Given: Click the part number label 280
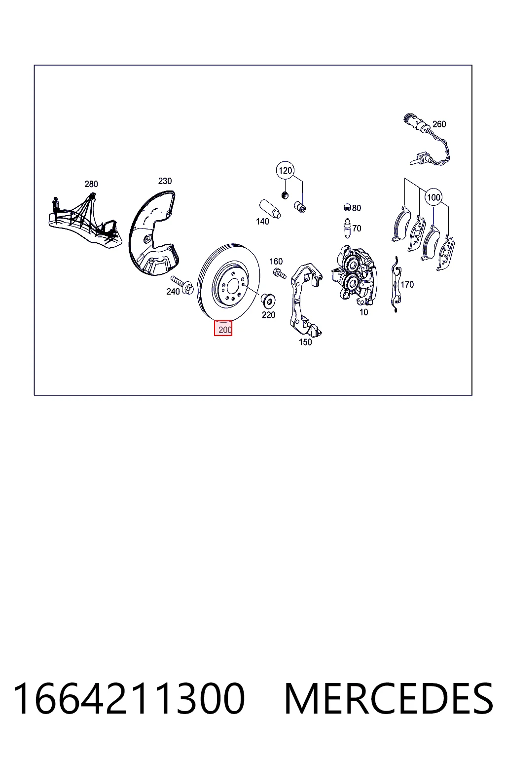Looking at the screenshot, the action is point(91,184).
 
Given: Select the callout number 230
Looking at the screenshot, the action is point(165,181).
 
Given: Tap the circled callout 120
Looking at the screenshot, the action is point(285,171).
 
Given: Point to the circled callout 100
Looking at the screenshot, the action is point(433,197).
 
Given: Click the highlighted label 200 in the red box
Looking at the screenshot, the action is point(223,329).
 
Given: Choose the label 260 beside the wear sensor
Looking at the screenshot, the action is point(439,124).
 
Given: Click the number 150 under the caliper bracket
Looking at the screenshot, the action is point(305,342).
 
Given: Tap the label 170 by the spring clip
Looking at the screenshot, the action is point(407,285).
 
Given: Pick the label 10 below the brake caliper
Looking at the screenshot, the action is point(363,312).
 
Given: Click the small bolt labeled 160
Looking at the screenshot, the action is point(279,273).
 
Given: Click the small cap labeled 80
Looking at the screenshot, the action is point(347,207).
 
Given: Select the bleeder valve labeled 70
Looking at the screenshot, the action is point(347,228).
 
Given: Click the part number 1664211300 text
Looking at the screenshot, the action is point(129,698).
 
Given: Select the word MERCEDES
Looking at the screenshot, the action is point(389,698).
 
